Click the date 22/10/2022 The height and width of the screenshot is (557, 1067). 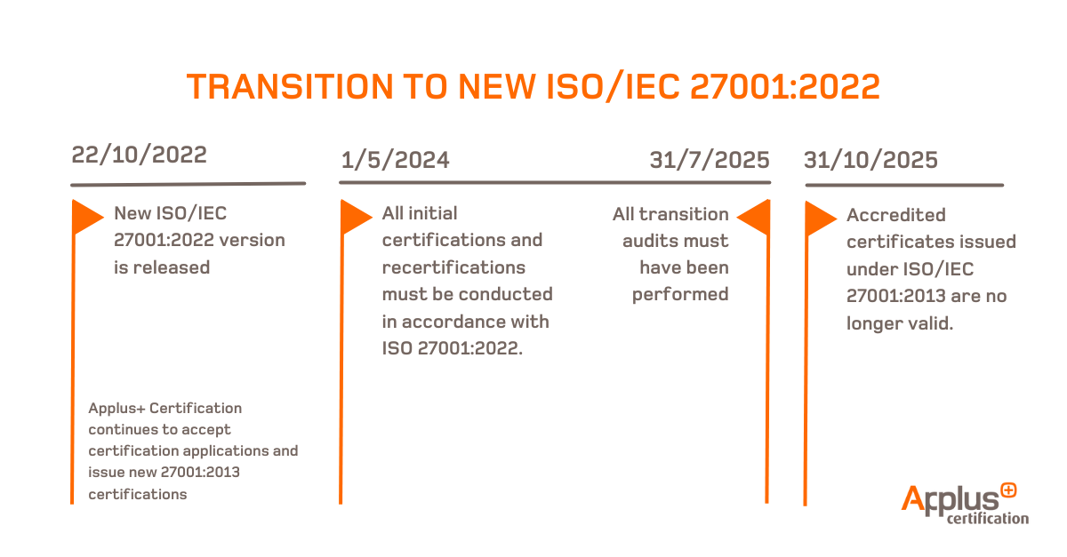pyautogui.click(x=140, y=155)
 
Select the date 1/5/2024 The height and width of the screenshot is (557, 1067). pyautogui.click(x=395, y=160)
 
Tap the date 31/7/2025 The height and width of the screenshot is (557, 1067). pyautogui.click(x=709, y=160)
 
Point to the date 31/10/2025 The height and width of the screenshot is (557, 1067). pyautogui.click(x=870, y=160)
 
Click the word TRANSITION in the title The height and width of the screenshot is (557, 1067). pyautogui.click(x=301, y=87)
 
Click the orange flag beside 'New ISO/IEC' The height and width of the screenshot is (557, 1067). pyautogui.click(x=87, y=216)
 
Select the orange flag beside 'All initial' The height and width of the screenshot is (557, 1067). pyautogui.click(x=356, y=216)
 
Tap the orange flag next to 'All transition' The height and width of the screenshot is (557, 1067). pyautogui.click(x=753, y=216)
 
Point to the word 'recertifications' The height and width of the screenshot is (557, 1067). pyautogui.click(x=453, y=267)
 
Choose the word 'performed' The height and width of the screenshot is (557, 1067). pyautogui.click(x=680, y=294)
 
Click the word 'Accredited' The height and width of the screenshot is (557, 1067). pyautogui.click(x=895, y=215)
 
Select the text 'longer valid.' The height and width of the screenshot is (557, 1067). pyautogui.click(x=899, y=323)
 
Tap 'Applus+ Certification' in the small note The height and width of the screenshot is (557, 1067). pyautogui.click(x=164, y=409)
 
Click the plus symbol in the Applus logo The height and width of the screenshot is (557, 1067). pyautogui.click(x=1007, y=489)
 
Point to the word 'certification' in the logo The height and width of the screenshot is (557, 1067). pyautogui.click(x=988, y=518)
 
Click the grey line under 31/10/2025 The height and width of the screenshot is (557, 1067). pyautogui.click(x=904, y=185)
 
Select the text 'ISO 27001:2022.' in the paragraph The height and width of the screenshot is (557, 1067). pyautogui.click(x=452, y=347)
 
